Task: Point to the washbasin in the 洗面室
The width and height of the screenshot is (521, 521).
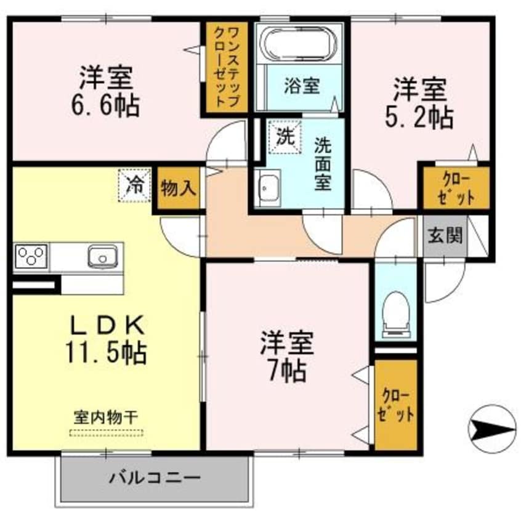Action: tap(268, 187)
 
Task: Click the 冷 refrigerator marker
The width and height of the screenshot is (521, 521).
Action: tap(134, 185)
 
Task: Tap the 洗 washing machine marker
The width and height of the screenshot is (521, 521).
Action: tap(284, 136)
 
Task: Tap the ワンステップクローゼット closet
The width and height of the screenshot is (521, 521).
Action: tap(225, 67)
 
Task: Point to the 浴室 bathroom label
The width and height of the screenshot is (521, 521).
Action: tap(302, 86)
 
